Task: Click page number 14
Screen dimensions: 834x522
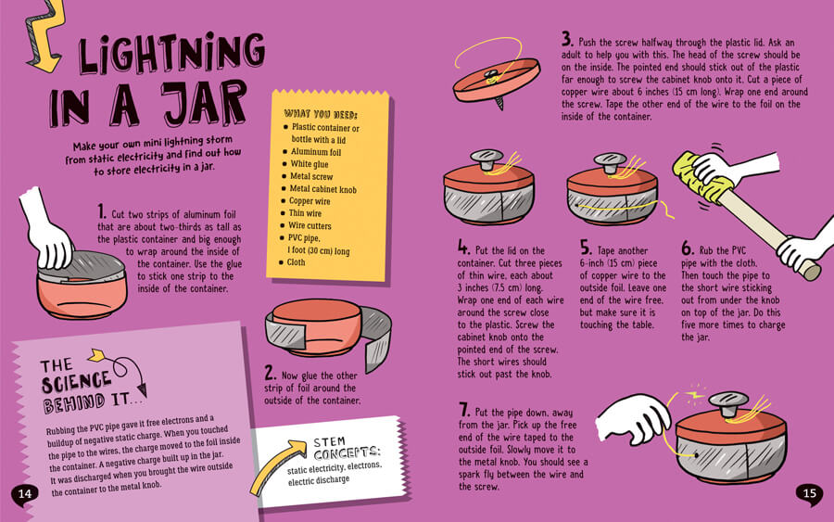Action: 25,494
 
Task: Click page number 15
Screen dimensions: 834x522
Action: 810,493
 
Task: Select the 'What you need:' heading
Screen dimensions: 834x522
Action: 321,114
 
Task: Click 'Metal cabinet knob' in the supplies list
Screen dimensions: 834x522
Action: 322,189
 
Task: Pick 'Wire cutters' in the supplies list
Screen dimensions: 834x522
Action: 310,225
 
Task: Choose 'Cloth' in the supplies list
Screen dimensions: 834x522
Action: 296,262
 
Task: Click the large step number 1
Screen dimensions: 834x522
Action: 102,211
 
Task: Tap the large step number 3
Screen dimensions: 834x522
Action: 567,39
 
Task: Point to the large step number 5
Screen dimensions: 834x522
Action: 586,248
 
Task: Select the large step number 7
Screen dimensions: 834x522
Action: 464,410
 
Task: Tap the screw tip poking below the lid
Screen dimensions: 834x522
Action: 499,104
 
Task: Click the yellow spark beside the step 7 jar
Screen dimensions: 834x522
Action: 695,395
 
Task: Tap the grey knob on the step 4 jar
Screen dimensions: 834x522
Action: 486,159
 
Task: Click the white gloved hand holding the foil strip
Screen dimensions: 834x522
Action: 49,232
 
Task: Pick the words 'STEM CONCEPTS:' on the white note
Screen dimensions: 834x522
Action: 347,448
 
